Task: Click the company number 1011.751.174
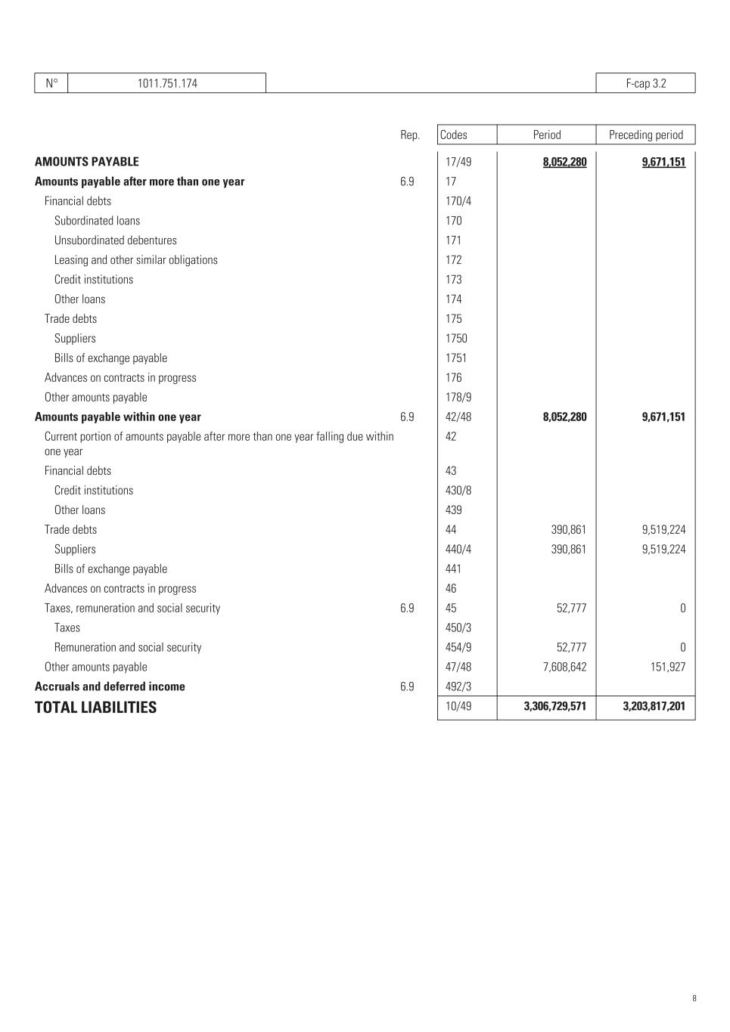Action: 167,83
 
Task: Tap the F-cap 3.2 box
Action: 645,83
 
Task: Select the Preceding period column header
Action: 645,135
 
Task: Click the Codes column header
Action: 454,135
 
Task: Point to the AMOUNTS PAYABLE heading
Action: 87,162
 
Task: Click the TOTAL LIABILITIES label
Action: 95,708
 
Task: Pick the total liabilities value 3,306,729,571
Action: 554,707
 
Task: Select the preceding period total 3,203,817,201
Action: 654,707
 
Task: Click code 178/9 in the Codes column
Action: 458,398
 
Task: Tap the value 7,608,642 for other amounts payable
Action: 564,667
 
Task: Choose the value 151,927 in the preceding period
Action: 668,667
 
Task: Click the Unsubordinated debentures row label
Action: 115,240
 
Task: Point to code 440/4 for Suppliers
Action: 458,550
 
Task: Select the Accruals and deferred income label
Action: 110,686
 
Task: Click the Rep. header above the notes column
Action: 410,135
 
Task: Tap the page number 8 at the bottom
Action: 694,998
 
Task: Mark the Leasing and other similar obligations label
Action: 135,260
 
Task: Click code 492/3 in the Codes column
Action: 458,686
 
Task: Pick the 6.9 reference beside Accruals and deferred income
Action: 407,686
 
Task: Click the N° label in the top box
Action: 51,83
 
